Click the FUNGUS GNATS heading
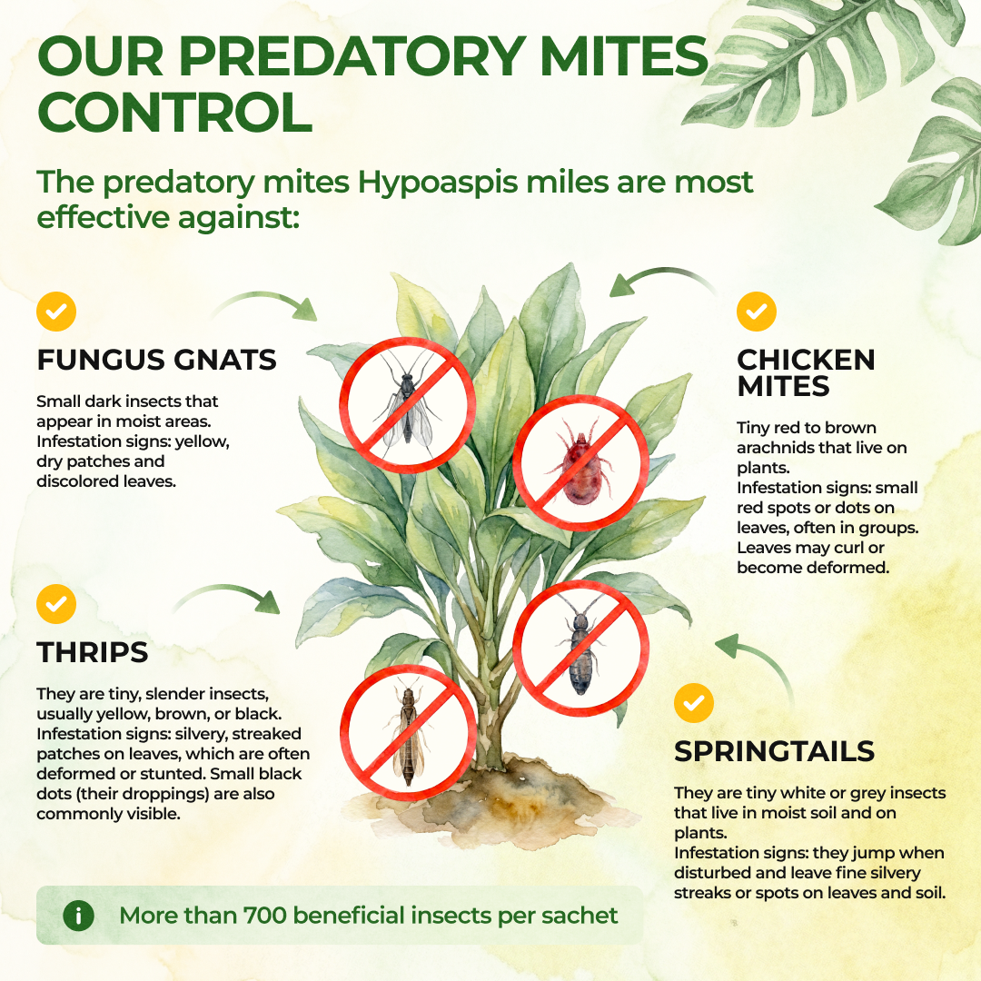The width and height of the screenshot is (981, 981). pyautogui.click(x=156, y=360)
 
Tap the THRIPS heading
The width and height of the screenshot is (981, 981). pyautogui.click(x=93, y=652)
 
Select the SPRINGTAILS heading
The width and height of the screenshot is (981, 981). pyautogui.click(x=774, y=751)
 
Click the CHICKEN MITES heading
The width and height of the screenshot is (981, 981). pyautogui.click(x=806, y=373)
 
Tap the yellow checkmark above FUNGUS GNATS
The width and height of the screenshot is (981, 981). pyautogui.click(x=56, y=312)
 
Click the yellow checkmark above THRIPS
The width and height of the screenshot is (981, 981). pyautogui.click(x=56, y=604)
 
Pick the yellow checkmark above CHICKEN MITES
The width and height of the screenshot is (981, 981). pyautogui.click(x=757, y=312)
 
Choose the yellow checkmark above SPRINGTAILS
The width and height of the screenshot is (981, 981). pyautogui.click(x=694, y=703)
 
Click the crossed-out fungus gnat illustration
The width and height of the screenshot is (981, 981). pyautogui.click(x=407, y=405)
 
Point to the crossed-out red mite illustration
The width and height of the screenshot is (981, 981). pyautogui.click(x=580, y=463)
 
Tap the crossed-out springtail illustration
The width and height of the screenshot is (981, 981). pyautogui.click(x=580, y=649)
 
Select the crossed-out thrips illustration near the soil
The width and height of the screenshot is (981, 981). pyautogui.click(x=408, y=733)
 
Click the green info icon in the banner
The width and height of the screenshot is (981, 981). pyautogui.click(x=79, y=916)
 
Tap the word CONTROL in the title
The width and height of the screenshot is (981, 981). pyautogui.click(x=175, y=113)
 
